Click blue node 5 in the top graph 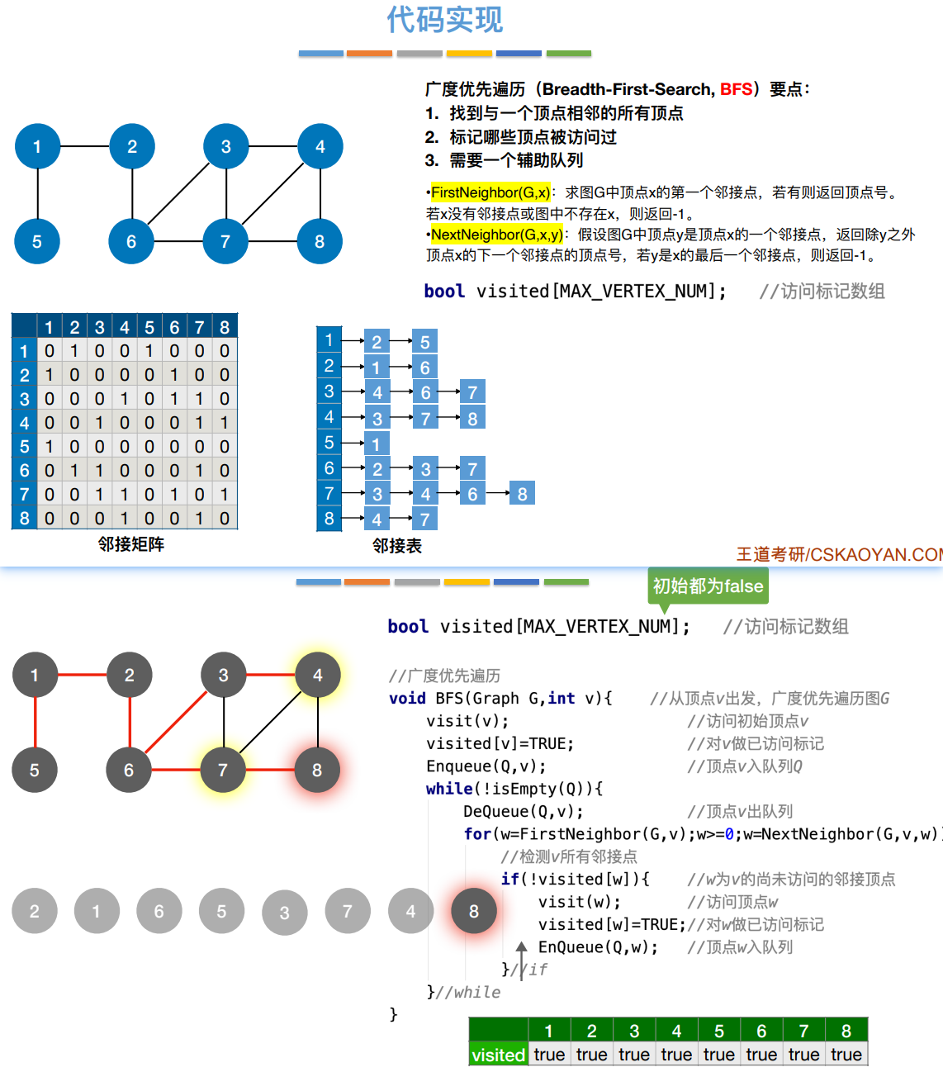[x=37, y=241]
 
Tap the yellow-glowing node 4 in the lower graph [x=318, y=676]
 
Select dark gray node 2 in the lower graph [x=130, y=676]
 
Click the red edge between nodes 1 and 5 [x=35, y=723]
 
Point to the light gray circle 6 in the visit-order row [x=159, y=911]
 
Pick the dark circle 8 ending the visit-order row [x=474, y=911]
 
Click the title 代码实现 [x=444, y=20]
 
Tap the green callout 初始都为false [x=708, y=586]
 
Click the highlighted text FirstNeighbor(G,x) [x=490, y=192]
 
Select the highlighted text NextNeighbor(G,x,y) [x=496, y=235]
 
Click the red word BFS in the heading [x=736, y=89]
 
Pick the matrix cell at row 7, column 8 [x=225, y=494]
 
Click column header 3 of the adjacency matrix [x=99, y=327]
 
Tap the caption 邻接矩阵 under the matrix [x=130, y=544]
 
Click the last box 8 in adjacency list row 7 [x=522, y=494]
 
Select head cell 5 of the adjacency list [x=329, y=443]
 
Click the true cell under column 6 [x=761, y=1055]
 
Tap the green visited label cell [x=498, y=1055]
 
